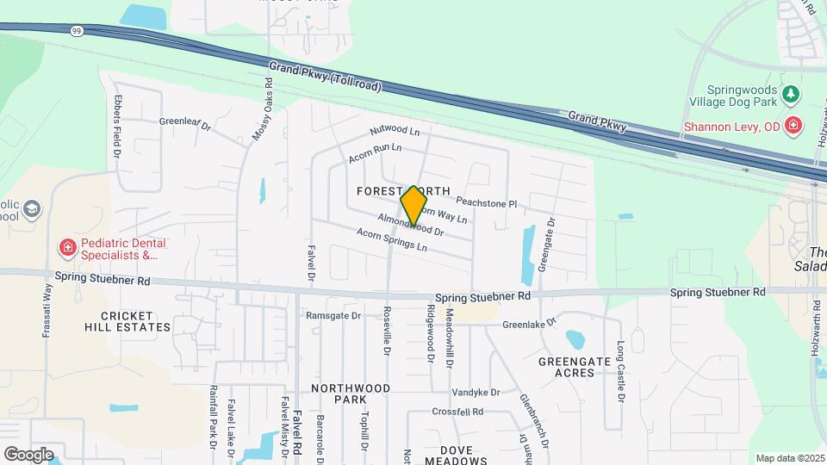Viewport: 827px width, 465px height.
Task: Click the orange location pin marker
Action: [x=413, y=206]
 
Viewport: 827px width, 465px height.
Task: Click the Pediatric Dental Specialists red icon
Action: [x=66, y=249]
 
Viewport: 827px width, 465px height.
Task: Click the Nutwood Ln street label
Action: [x=395, y=130]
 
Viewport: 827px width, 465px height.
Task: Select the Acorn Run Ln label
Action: [x=376, y=153]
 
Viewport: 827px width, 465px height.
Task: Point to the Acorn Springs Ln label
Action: [x=392, y=240]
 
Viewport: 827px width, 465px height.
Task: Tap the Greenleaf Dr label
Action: [x=184, y=123]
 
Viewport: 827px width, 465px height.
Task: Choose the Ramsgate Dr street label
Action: [x=333, y=316]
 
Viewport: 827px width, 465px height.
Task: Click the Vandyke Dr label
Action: [x=476, y=392]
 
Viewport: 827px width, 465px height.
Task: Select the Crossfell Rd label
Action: [x=457, y=412]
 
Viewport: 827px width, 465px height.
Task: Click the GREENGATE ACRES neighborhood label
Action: [x=567, y=367]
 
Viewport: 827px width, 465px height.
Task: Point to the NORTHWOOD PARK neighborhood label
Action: [x=351, y=394]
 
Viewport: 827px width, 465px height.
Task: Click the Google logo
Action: [x=28, y=454]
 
